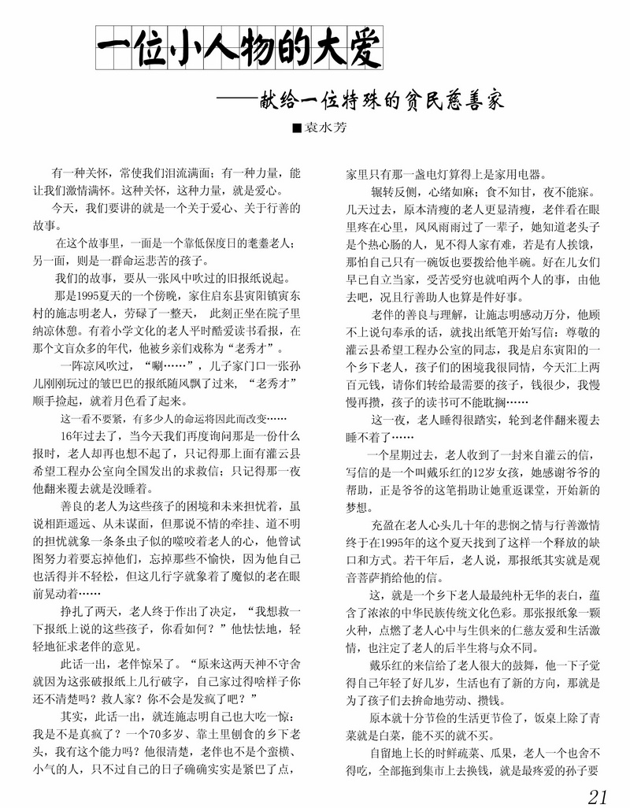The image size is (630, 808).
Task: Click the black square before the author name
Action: tap(297, 127)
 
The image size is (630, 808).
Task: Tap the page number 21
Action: tap(598, 793)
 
